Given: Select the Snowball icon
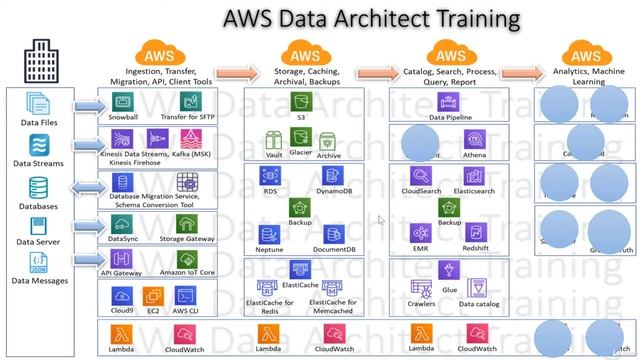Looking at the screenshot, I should click(124, 102).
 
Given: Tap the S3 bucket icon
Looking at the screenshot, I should click(299, 100).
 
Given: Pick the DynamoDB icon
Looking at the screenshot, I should click(330, 175).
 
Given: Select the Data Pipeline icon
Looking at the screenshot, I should click(449, 101).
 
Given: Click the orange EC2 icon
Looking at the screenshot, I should click(153, 296).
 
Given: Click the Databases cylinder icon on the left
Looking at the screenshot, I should click(39, 187).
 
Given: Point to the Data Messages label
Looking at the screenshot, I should click(39, 281).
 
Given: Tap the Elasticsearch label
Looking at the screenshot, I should click(475, 190).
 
